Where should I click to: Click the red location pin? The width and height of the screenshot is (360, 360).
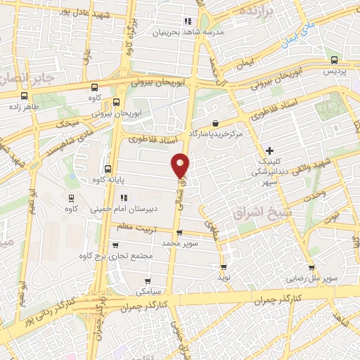(x=181, y=165)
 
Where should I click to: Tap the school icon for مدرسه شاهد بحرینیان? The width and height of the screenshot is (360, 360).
(x=187, y=21)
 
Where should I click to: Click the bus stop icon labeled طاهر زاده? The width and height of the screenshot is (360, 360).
(x=25, y=96)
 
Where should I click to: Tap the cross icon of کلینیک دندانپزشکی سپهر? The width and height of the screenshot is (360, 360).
(x=271, y=150)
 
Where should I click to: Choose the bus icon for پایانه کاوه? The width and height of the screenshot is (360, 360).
(x=108, y=169)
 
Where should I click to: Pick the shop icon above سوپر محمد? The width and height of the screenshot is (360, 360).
(x=179, y=233)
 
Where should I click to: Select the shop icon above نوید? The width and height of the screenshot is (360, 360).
(x=224, y=267)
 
